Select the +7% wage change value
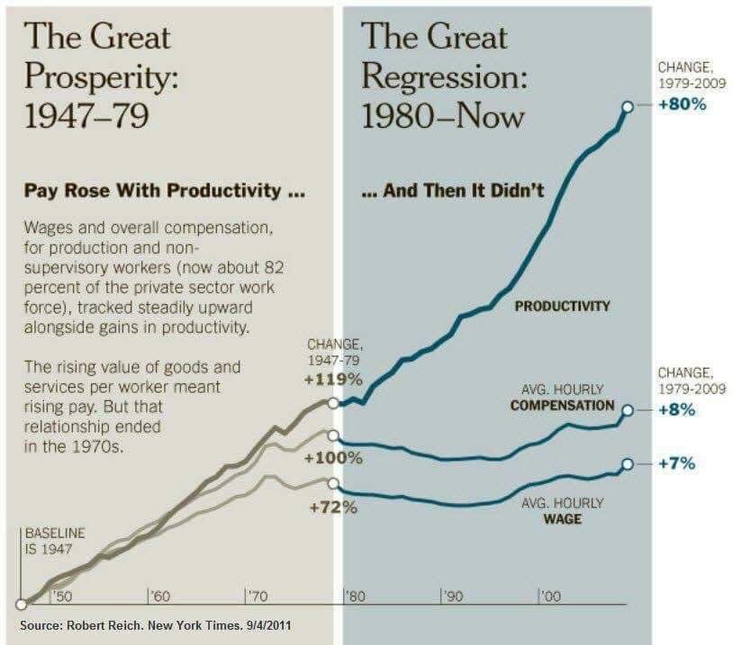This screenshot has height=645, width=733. coord(675,463)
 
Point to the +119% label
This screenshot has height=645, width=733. coord(334,379)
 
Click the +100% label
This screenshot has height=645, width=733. coord(333,458)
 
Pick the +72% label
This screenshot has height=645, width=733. coord(333,507)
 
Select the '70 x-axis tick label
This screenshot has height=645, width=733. coord(256,596)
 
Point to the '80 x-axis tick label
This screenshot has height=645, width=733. coord(354,596)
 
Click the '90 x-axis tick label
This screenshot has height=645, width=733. coord(452,596)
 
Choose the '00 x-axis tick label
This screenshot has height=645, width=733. coord(550,596)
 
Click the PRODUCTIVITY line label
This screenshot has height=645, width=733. coord(562,306)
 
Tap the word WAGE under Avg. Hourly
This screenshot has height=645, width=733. coord(562,519)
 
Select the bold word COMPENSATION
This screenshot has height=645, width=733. coord(562,405)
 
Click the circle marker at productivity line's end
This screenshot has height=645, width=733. coord(625,105)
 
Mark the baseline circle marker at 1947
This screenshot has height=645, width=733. coord(21,605)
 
